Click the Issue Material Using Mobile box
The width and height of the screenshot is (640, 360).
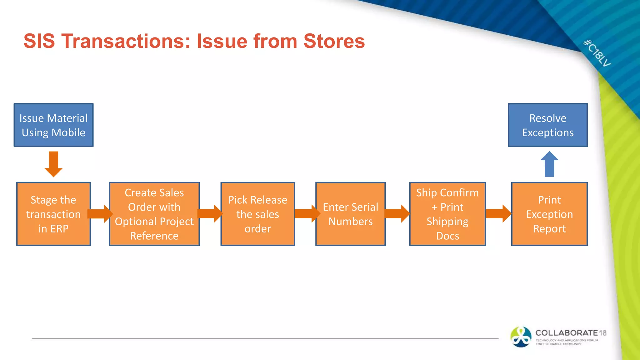(53, 125)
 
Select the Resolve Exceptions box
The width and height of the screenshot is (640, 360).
(547, 125)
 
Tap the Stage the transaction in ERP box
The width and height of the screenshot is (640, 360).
(53, 214)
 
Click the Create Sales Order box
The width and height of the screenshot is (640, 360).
(154, 214)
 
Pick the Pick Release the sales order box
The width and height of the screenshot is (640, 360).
(257, 214)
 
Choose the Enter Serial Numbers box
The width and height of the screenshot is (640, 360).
(350, 214)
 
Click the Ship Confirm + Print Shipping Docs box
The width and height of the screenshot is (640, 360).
(447, 214)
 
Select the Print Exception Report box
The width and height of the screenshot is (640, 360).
(549, 214)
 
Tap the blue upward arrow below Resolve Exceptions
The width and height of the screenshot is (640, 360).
(549, 164)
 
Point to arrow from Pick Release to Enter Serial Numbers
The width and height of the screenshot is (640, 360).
(307, 214)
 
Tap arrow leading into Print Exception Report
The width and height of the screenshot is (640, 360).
(498, 214)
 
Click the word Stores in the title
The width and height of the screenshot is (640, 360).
(334, 41)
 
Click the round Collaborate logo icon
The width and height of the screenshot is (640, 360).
(521, 337)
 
